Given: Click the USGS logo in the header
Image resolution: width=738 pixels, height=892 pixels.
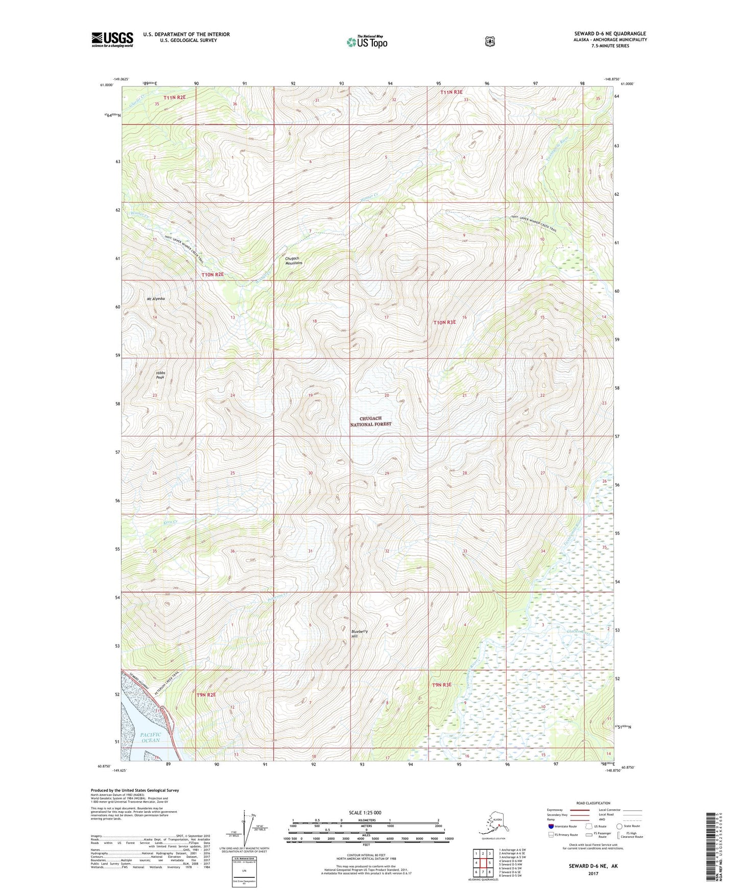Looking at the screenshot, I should tap(112, 39).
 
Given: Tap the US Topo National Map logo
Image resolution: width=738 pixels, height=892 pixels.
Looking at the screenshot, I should tap(367, 41).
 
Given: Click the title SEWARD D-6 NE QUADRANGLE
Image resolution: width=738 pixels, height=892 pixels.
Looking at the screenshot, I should tap(610, 34).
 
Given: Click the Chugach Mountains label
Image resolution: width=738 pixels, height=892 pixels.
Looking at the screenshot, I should tap(294, 261).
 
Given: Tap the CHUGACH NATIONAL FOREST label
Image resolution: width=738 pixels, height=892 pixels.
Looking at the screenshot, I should tap(370, 421).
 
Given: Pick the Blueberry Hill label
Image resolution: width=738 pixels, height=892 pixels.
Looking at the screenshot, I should tap(360, 633).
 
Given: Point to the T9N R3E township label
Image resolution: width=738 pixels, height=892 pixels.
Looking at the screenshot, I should tap(442, 685).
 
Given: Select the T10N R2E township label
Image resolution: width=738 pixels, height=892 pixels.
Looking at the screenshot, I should tap(212, 274).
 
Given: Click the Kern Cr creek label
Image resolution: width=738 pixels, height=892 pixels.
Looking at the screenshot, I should tap(170, 522).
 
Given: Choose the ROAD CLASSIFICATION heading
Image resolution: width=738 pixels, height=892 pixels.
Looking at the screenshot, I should tap(593, 803).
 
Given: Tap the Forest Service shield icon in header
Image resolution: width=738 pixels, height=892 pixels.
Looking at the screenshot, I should tap(490, 41).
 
